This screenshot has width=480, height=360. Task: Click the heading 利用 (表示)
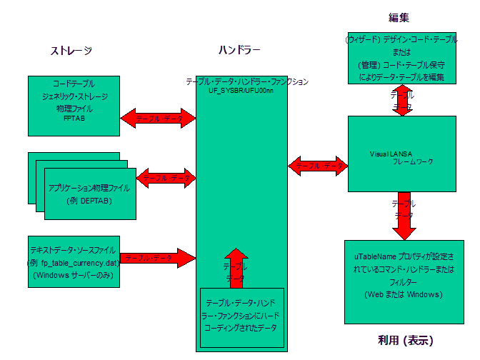(406, 339)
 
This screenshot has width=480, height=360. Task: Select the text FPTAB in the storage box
(74, 119)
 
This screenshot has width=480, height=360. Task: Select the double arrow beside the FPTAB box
(158, 118)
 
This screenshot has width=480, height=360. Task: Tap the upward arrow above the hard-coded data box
(237, 266)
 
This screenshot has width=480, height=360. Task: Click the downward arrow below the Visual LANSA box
(404, 216)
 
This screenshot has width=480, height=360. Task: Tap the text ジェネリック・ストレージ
(74, 95)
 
